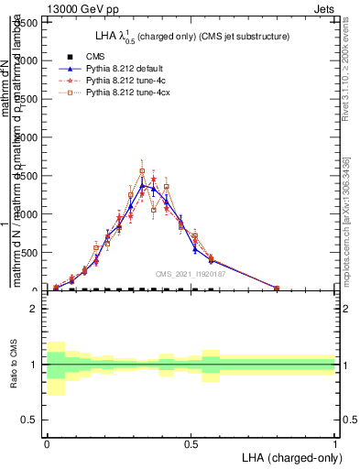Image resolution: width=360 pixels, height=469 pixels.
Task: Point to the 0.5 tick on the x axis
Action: click(x=191, y=442)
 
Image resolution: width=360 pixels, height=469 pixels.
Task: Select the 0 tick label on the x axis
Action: click(x=47, y=442)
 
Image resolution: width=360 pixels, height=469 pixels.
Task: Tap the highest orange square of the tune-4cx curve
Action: click(x=142, y=171)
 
